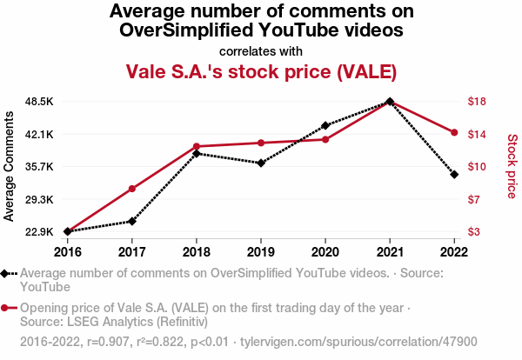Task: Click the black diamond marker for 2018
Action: tap(197, 153)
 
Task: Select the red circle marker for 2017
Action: tap(132, 189)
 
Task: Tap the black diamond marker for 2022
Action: tap(454, 175)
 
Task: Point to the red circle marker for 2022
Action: tap(454, 132)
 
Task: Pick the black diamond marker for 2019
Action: tap(261, 163)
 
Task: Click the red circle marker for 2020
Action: tap(325, 139)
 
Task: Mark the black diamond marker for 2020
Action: tap(325, 125)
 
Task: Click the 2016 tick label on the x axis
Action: tap(68, 251)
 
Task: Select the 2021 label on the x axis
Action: tap(390, 251)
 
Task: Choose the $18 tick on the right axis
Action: tap(477, 102)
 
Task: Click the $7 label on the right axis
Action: tap(474, 200)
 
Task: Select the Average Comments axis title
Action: tap(10, 166)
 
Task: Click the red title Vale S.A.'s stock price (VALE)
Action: tap(261, 70)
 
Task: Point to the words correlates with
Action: tap(261, 50)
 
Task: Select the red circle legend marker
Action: tap(6, 308)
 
